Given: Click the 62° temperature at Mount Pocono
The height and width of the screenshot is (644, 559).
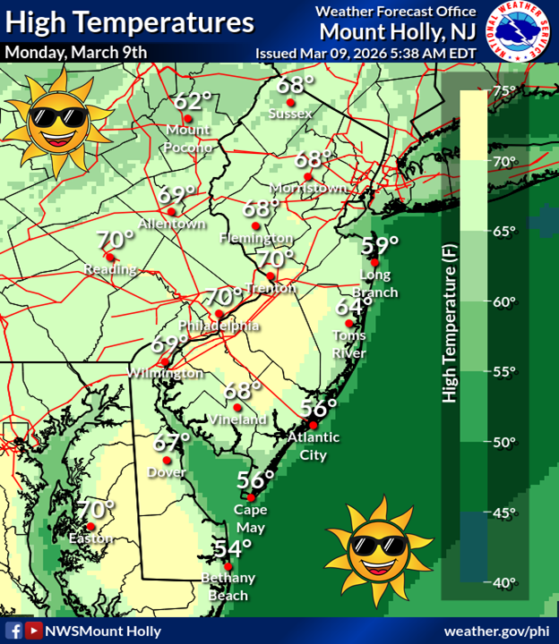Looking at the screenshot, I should (x=192, y=100).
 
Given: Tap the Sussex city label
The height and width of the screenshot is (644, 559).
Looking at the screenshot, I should (x=294, y=114).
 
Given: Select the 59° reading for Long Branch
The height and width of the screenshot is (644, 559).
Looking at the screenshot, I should (x=380, y=245).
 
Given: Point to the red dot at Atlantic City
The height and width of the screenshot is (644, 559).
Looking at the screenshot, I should (x=314, y=424).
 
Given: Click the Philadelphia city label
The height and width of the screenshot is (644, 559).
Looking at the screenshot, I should (x=219, y=326).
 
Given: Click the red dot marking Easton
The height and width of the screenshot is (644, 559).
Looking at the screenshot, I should (x=90, y=527).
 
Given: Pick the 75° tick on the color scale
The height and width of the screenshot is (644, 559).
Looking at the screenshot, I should (x=504, y=90).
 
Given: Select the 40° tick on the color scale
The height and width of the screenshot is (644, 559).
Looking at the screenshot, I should (x=504, y=582).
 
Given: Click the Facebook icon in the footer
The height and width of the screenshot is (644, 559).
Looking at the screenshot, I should (x=13, y=631).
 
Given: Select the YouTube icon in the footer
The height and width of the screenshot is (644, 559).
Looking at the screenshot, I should (x=34, y=631).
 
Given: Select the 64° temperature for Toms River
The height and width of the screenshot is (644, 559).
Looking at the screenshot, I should (x=353, y=306).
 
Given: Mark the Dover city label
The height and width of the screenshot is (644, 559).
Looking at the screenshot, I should (x=167, y=471).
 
